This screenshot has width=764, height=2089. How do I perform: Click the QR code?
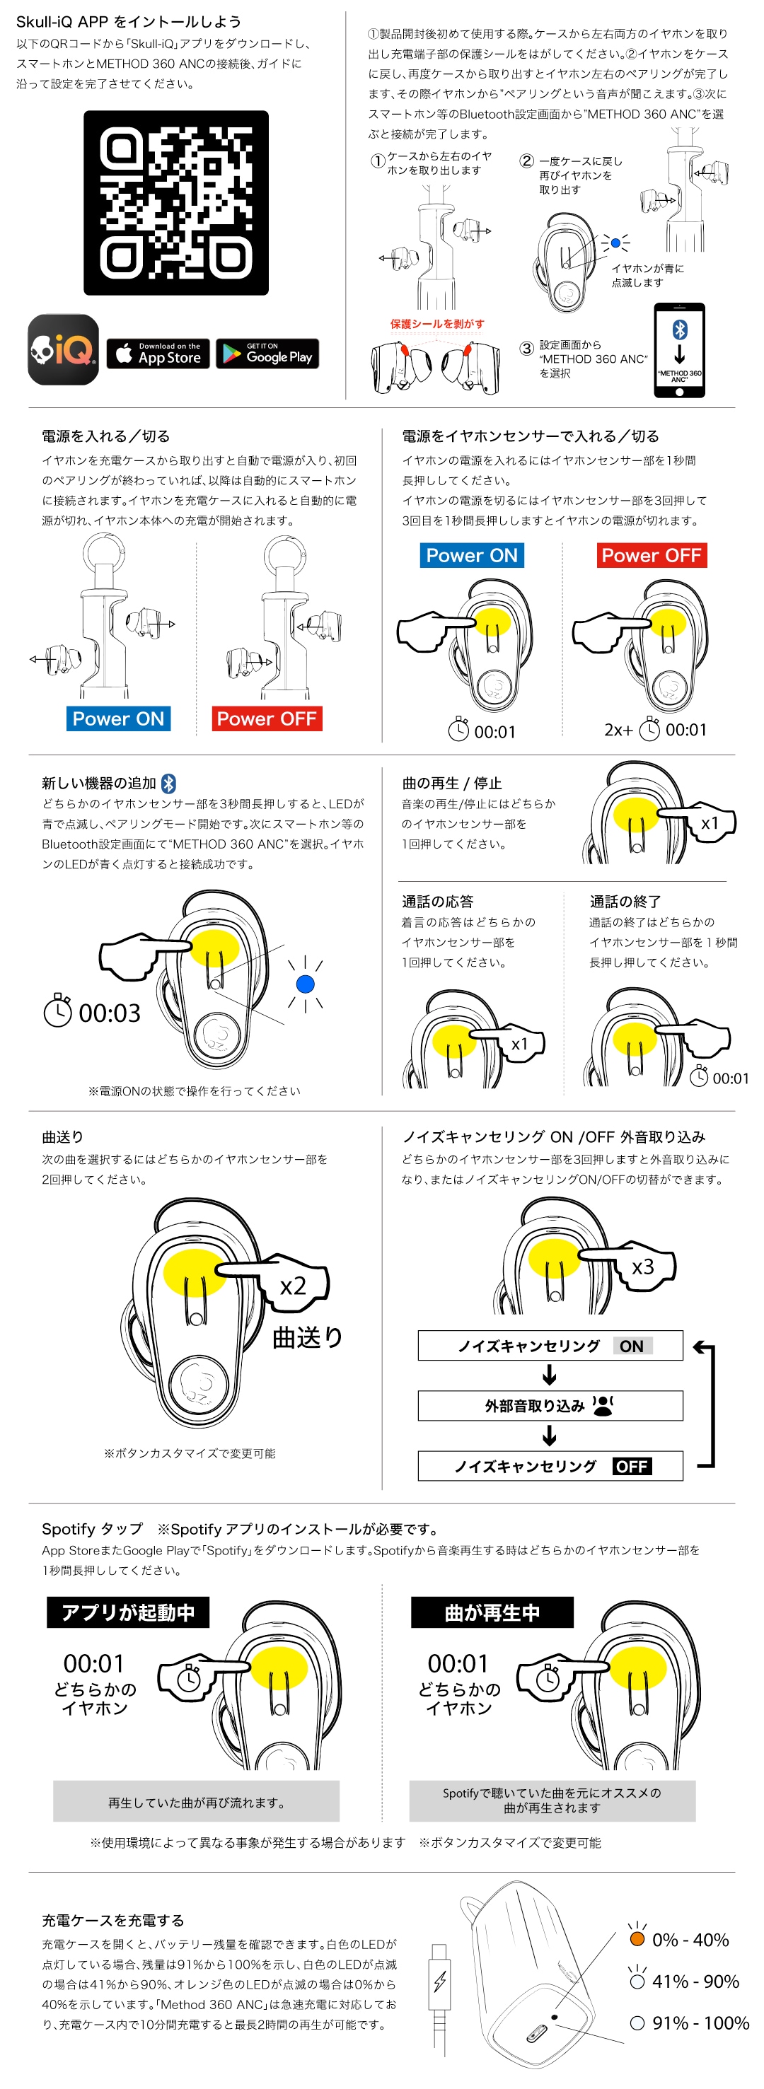point(176,203)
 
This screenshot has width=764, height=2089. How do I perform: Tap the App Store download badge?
point(158,354)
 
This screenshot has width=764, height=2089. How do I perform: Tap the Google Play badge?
point(267,354)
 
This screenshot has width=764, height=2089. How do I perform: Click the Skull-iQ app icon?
point(63,349)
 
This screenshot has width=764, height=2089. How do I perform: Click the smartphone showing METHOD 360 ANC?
point(679,350)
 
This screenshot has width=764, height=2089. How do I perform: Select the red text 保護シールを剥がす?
point(437,324)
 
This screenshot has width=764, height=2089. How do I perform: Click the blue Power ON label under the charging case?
point(118,718)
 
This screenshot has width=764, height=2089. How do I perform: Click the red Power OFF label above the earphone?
point(652,556)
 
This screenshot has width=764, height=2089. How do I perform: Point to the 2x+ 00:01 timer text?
point(655,730)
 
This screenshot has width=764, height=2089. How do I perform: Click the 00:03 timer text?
point(110,1013)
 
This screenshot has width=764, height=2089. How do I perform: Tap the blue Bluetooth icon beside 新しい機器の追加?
point(168,784)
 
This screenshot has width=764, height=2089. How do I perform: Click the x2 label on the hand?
point(293,1286)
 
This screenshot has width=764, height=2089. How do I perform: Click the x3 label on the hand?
point(642,1267)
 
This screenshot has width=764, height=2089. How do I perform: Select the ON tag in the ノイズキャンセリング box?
point(632,1346)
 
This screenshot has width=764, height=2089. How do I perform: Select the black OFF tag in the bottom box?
point(632,1466)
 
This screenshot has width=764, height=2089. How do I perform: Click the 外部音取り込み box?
point(550,1406)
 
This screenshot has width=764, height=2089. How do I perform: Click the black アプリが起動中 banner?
point(128,1612)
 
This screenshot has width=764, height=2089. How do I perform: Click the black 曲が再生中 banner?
point(492,1612)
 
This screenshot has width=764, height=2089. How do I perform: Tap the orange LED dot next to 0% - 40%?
point(637,1939)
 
